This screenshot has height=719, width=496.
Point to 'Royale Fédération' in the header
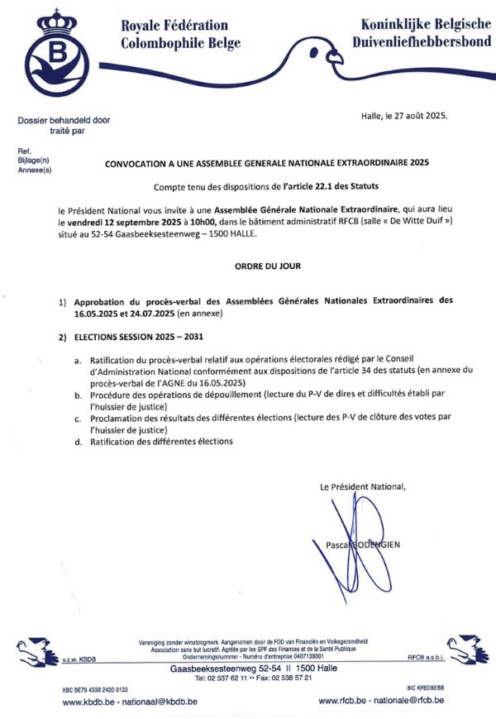174,26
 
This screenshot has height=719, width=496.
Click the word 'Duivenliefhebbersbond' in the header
421,42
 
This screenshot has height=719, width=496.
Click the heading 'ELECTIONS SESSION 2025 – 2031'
138,338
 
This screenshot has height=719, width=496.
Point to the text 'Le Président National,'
363,487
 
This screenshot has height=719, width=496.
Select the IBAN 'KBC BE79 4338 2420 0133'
95,688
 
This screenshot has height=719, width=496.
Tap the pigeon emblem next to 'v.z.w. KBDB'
38,651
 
